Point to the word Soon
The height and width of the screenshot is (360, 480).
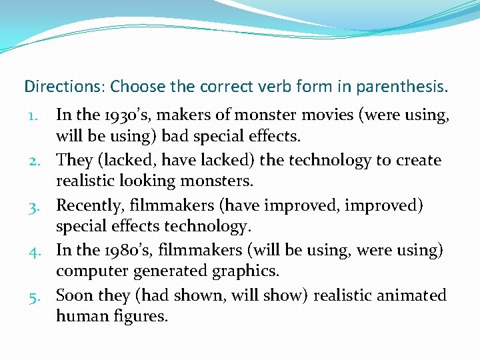74,295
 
